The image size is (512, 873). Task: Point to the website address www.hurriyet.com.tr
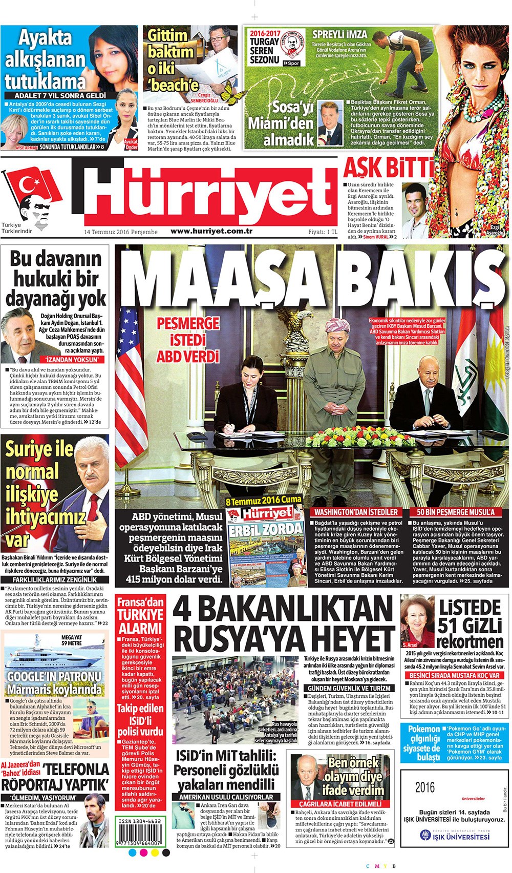[x=211, y=231]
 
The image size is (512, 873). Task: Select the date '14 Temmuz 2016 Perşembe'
[x=121, y=232]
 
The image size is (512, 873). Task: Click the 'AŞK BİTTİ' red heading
[x=388, y=169]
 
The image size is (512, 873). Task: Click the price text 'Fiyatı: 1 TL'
[x=323, y=232]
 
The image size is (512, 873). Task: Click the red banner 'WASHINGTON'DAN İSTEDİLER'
[x=356, y=512]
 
